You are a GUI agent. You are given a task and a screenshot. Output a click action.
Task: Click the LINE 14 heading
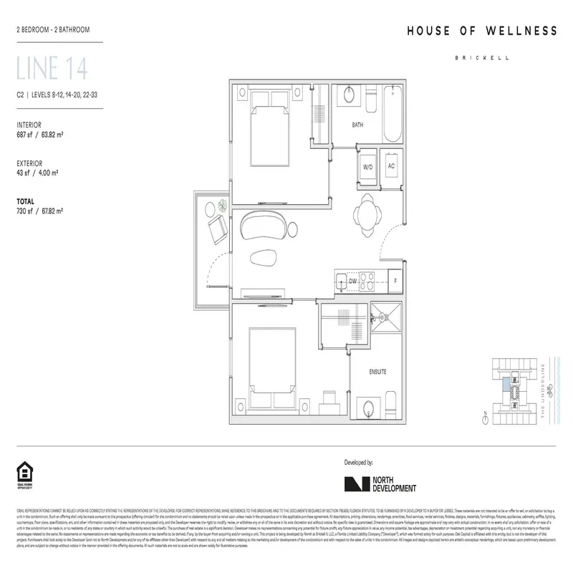tap(52, 70)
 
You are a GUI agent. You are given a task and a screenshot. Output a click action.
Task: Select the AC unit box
tap(391, 166)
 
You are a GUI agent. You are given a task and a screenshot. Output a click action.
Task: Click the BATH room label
tap(357, 125)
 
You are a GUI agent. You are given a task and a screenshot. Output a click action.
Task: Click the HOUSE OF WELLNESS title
tap(482, 31)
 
